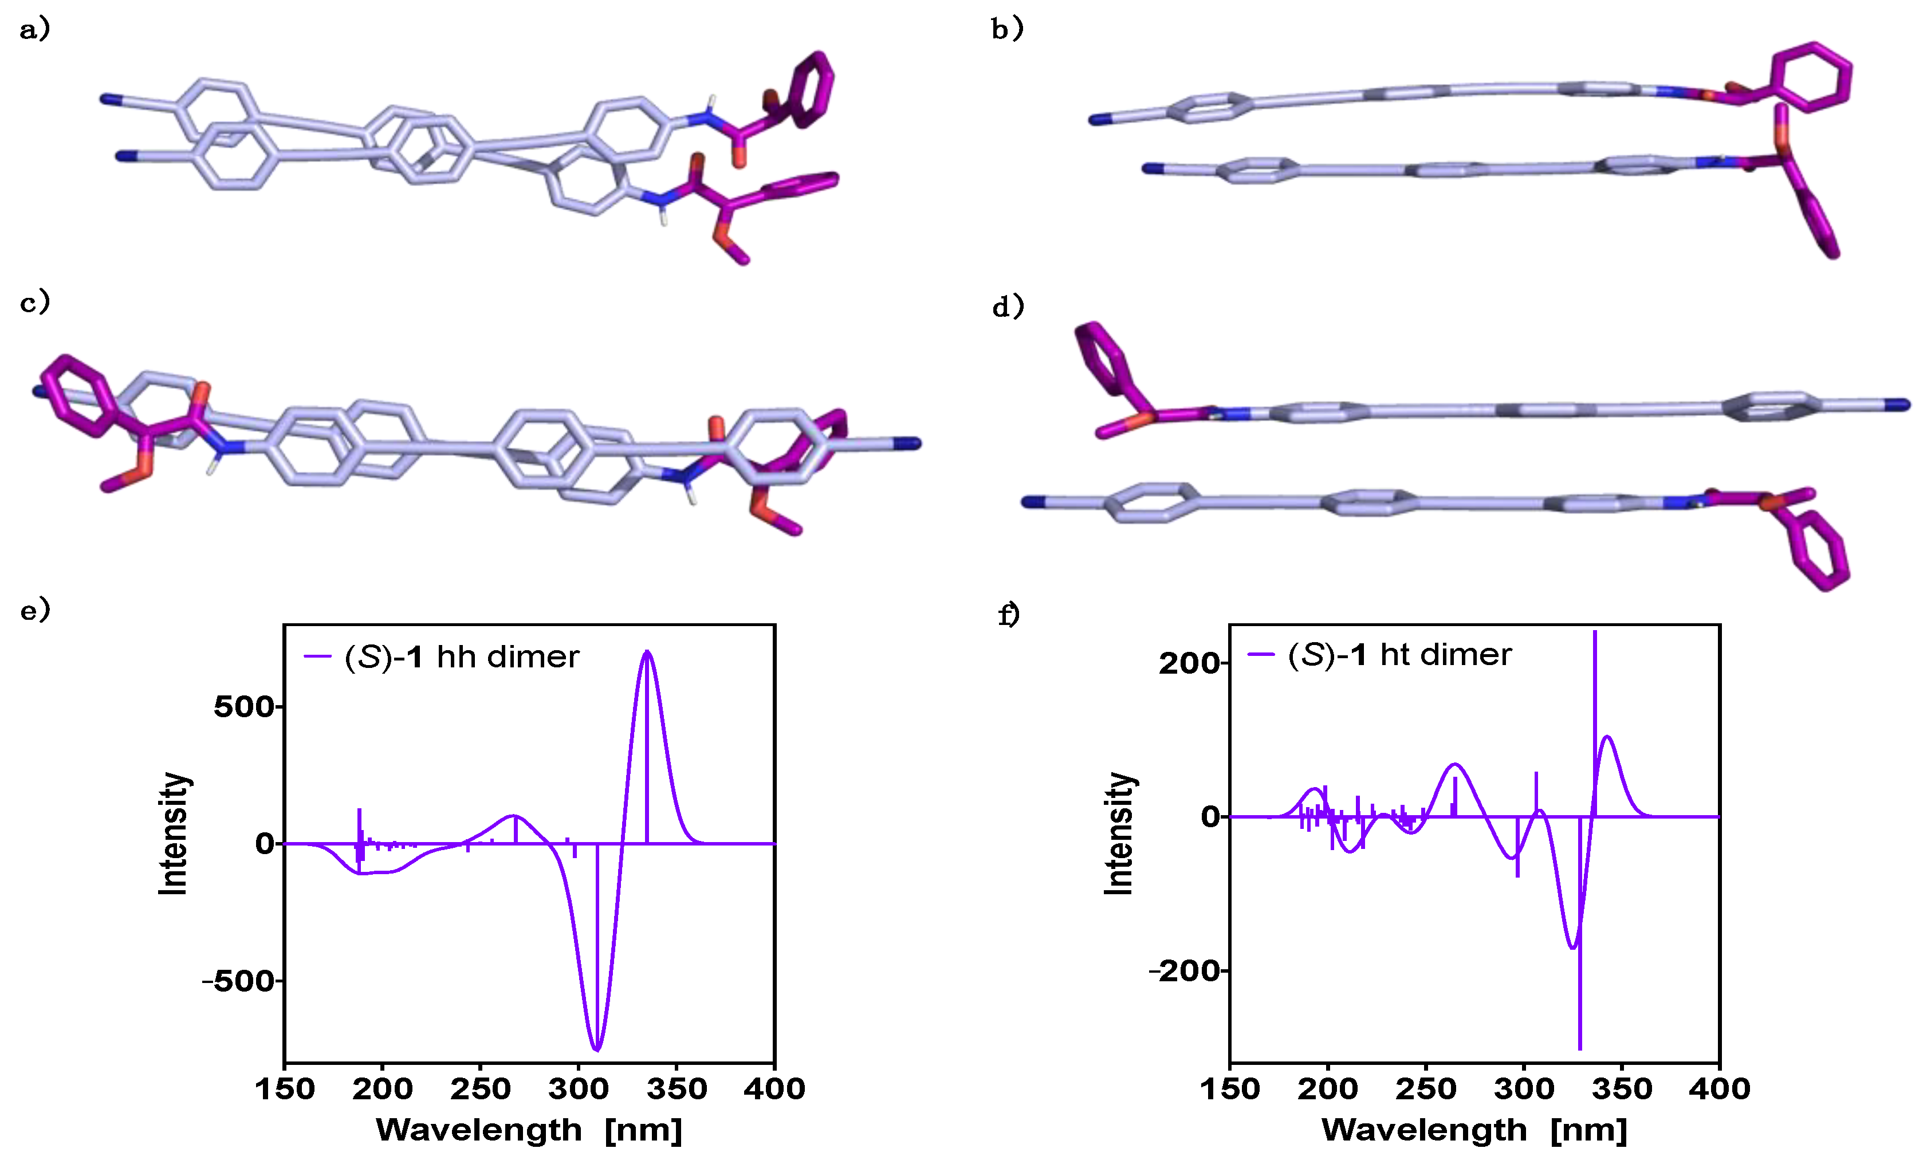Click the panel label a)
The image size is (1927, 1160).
click(34, 30)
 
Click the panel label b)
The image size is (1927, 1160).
click(1006, 30)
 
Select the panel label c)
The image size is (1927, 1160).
click(34, 302)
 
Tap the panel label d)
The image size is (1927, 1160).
click(1007, 306)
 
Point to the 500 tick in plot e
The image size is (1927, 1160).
click(244, 707)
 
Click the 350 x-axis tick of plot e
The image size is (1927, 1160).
click(677, 1088)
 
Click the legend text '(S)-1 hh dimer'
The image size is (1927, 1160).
click(461, 658)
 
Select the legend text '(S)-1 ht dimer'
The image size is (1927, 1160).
click(1399, 655)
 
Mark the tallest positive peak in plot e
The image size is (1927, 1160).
click(647, 652)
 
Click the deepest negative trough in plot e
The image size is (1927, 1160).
click(597, 1049)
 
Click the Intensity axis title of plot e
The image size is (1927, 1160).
click(174, 833)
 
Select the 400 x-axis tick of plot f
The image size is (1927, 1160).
click(1719, 1088)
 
